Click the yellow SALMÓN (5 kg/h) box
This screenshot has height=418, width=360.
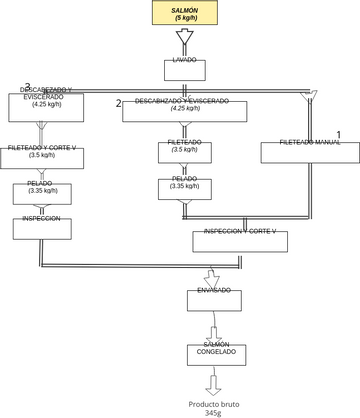[x=183, y=13]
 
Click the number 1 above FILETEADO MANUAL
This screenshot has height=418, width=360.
[x=338, y=133]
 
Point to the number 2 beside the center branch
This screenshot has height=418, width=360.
[x=118, y=104]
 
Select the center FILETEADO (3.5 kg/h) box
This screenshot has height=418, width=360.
[x=183, y=152]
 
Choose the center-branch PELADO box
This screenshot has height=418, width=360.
[x=183, y=187]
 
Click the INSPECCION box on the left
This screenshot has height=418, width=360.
[x=42, y=227]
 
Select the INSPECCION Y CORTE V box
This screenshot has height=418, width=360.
[x=239, y=241]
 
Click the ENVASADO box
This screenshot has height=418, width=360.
[x=214, y=300]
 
